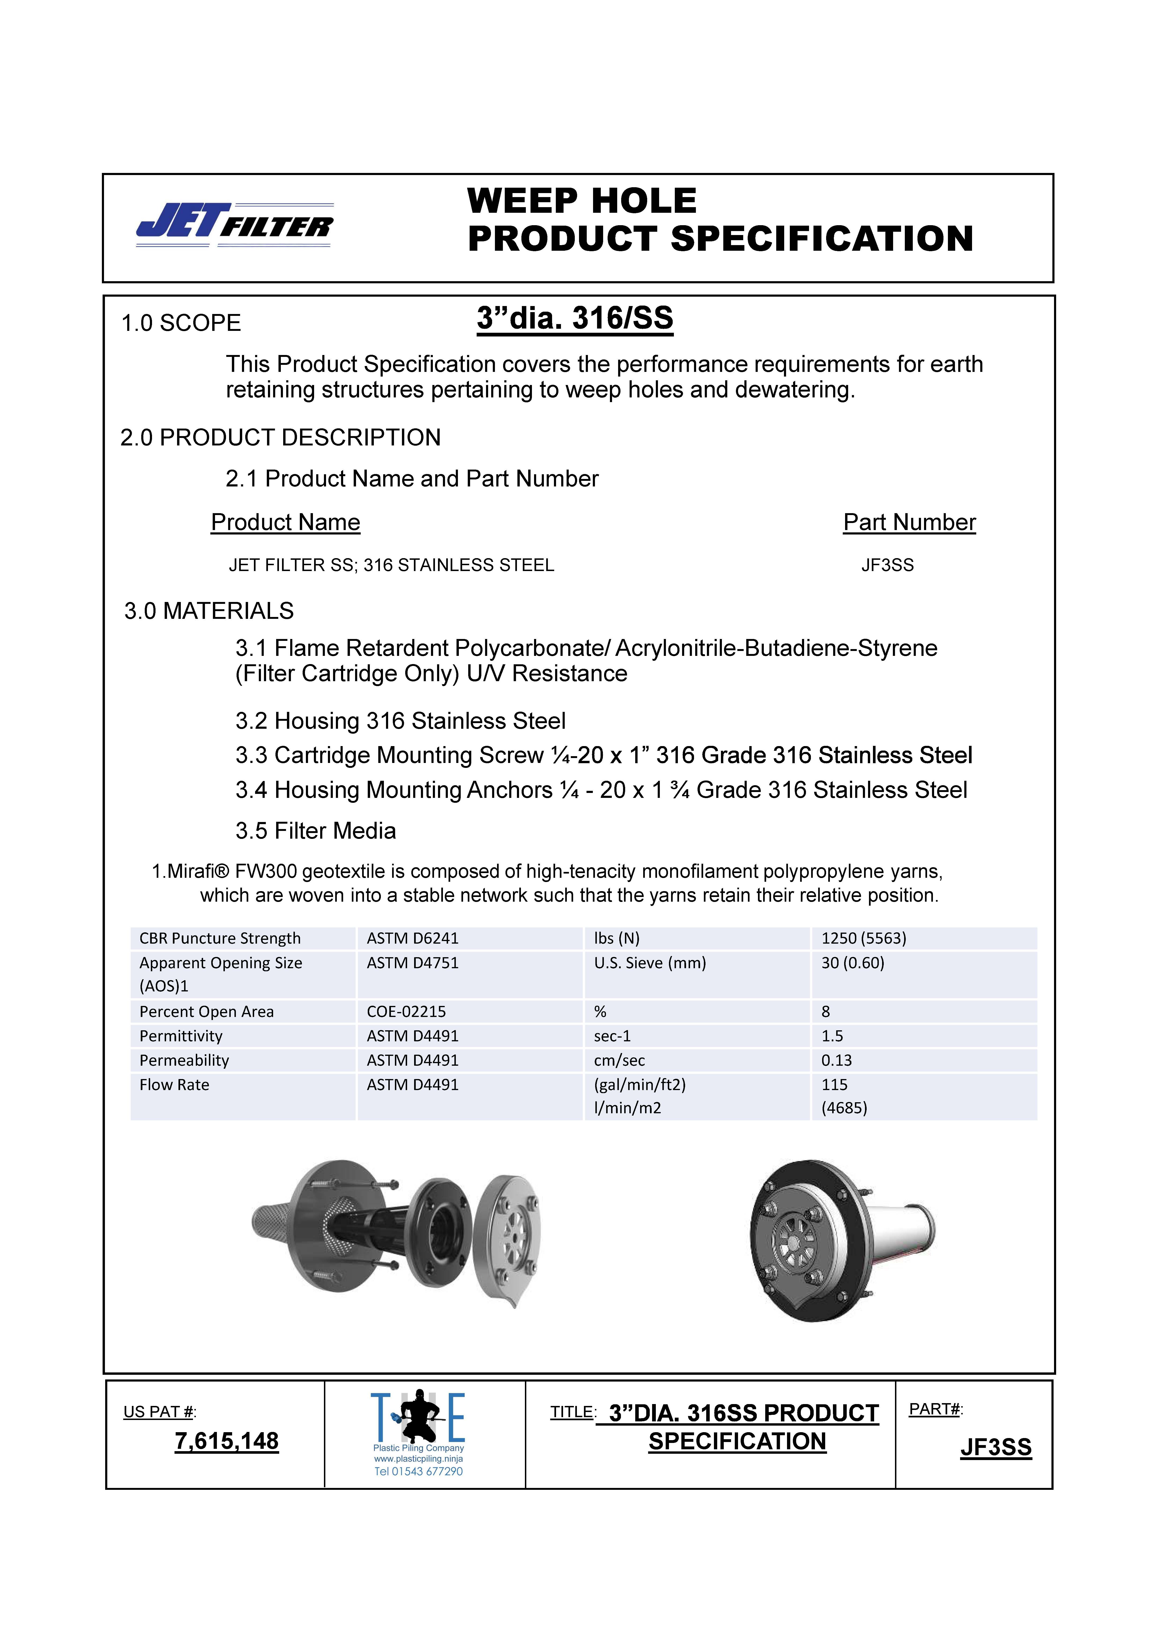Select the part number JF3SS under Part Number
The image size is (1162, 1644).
pos(887,566)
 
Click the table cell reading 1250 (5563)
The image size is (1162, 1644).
pos(863,938)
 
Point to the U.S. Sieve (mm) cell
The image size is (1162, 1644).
pos(649,963)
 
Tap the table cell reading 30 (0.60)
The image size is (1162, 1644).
pos(853,963)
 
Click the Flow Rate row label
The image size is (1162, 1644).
pos(175,1085)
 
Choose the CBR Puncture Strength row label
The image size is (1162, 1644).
pos(220,938)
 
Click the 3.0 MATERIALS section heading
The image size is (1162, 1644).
pos(209,611)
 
